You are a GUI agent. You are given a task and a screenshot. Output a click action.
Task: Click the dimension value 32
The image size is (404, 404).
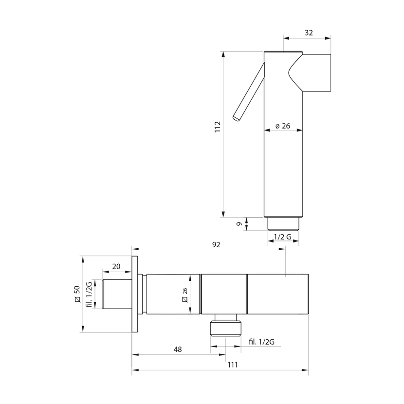click(309, 33)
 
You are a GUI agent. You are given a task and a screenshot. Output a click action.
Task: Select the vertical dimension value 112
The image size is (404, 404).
click(218, 127)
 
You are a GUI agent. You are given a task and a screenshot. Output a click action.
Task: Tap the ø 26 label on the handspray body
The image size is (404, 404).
click(283, 126)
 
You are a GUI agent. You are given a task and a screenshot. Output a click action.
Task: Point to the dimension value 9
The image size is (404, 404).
click(239, 224)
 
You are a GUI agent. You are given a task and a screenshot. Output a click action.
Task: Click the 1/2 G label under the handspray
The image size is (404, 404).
click(283, 237)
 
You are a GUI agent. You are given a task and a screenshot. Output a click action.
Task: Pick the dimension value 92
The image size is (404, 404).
click(216, 244)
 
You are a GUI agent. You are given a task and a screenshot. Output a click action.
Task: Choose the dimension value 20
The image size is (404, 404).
click(116, 266)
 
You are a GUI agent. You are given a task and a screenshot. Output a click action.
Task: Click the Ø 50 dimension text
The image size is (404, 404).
click(77, 294)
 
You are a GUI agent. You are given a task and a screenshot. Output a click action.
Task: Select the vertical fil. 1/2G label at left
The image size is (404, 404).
click(89, 294)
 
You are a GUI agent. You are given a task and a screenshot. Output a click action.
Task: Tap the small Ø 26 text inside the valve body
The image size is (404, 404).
click(185, 295)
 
